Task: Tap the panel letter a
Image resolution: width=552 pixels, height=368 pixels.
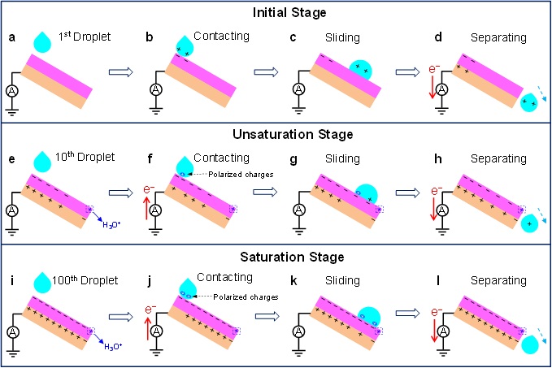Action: (11, 37)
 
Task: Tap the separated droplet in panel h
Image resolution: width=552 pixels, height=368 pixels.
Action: (531, 223)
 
